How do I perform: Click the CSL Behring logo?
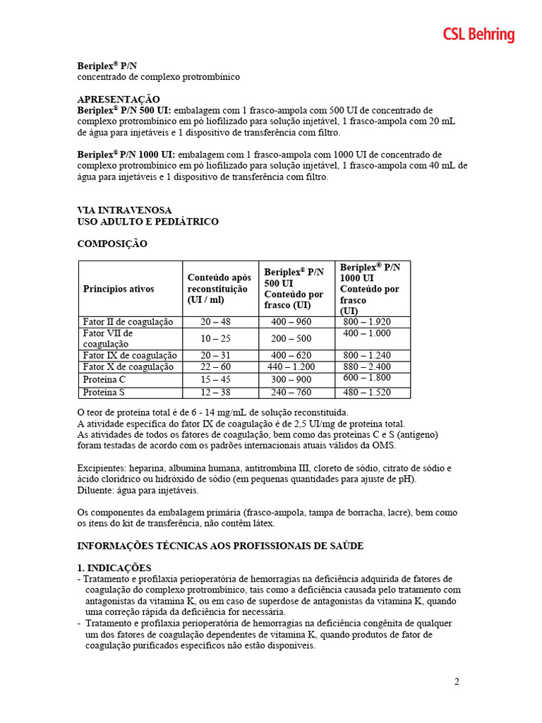(x=478, y=35)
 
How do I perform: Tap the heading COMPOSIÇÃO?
(x=112, y=244)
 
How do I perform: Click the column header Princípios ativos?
(x=119, y=289)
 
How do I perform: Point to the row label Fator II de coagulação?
(x=128, y=321)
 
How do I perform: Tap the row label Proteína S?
(x=104, y=392)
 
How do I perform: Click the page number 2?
(x=457, y=681)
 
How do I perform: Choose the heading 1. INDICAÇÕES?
(x=114, y=568)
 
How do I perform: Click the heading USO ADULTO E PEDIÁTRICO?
(x=147, y=221)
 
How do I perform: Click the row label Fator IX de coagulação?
(x=130, y=355)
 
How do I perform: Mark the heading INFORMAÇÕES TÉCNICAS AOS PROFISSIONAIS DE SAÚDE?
(x=220, y=546)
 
